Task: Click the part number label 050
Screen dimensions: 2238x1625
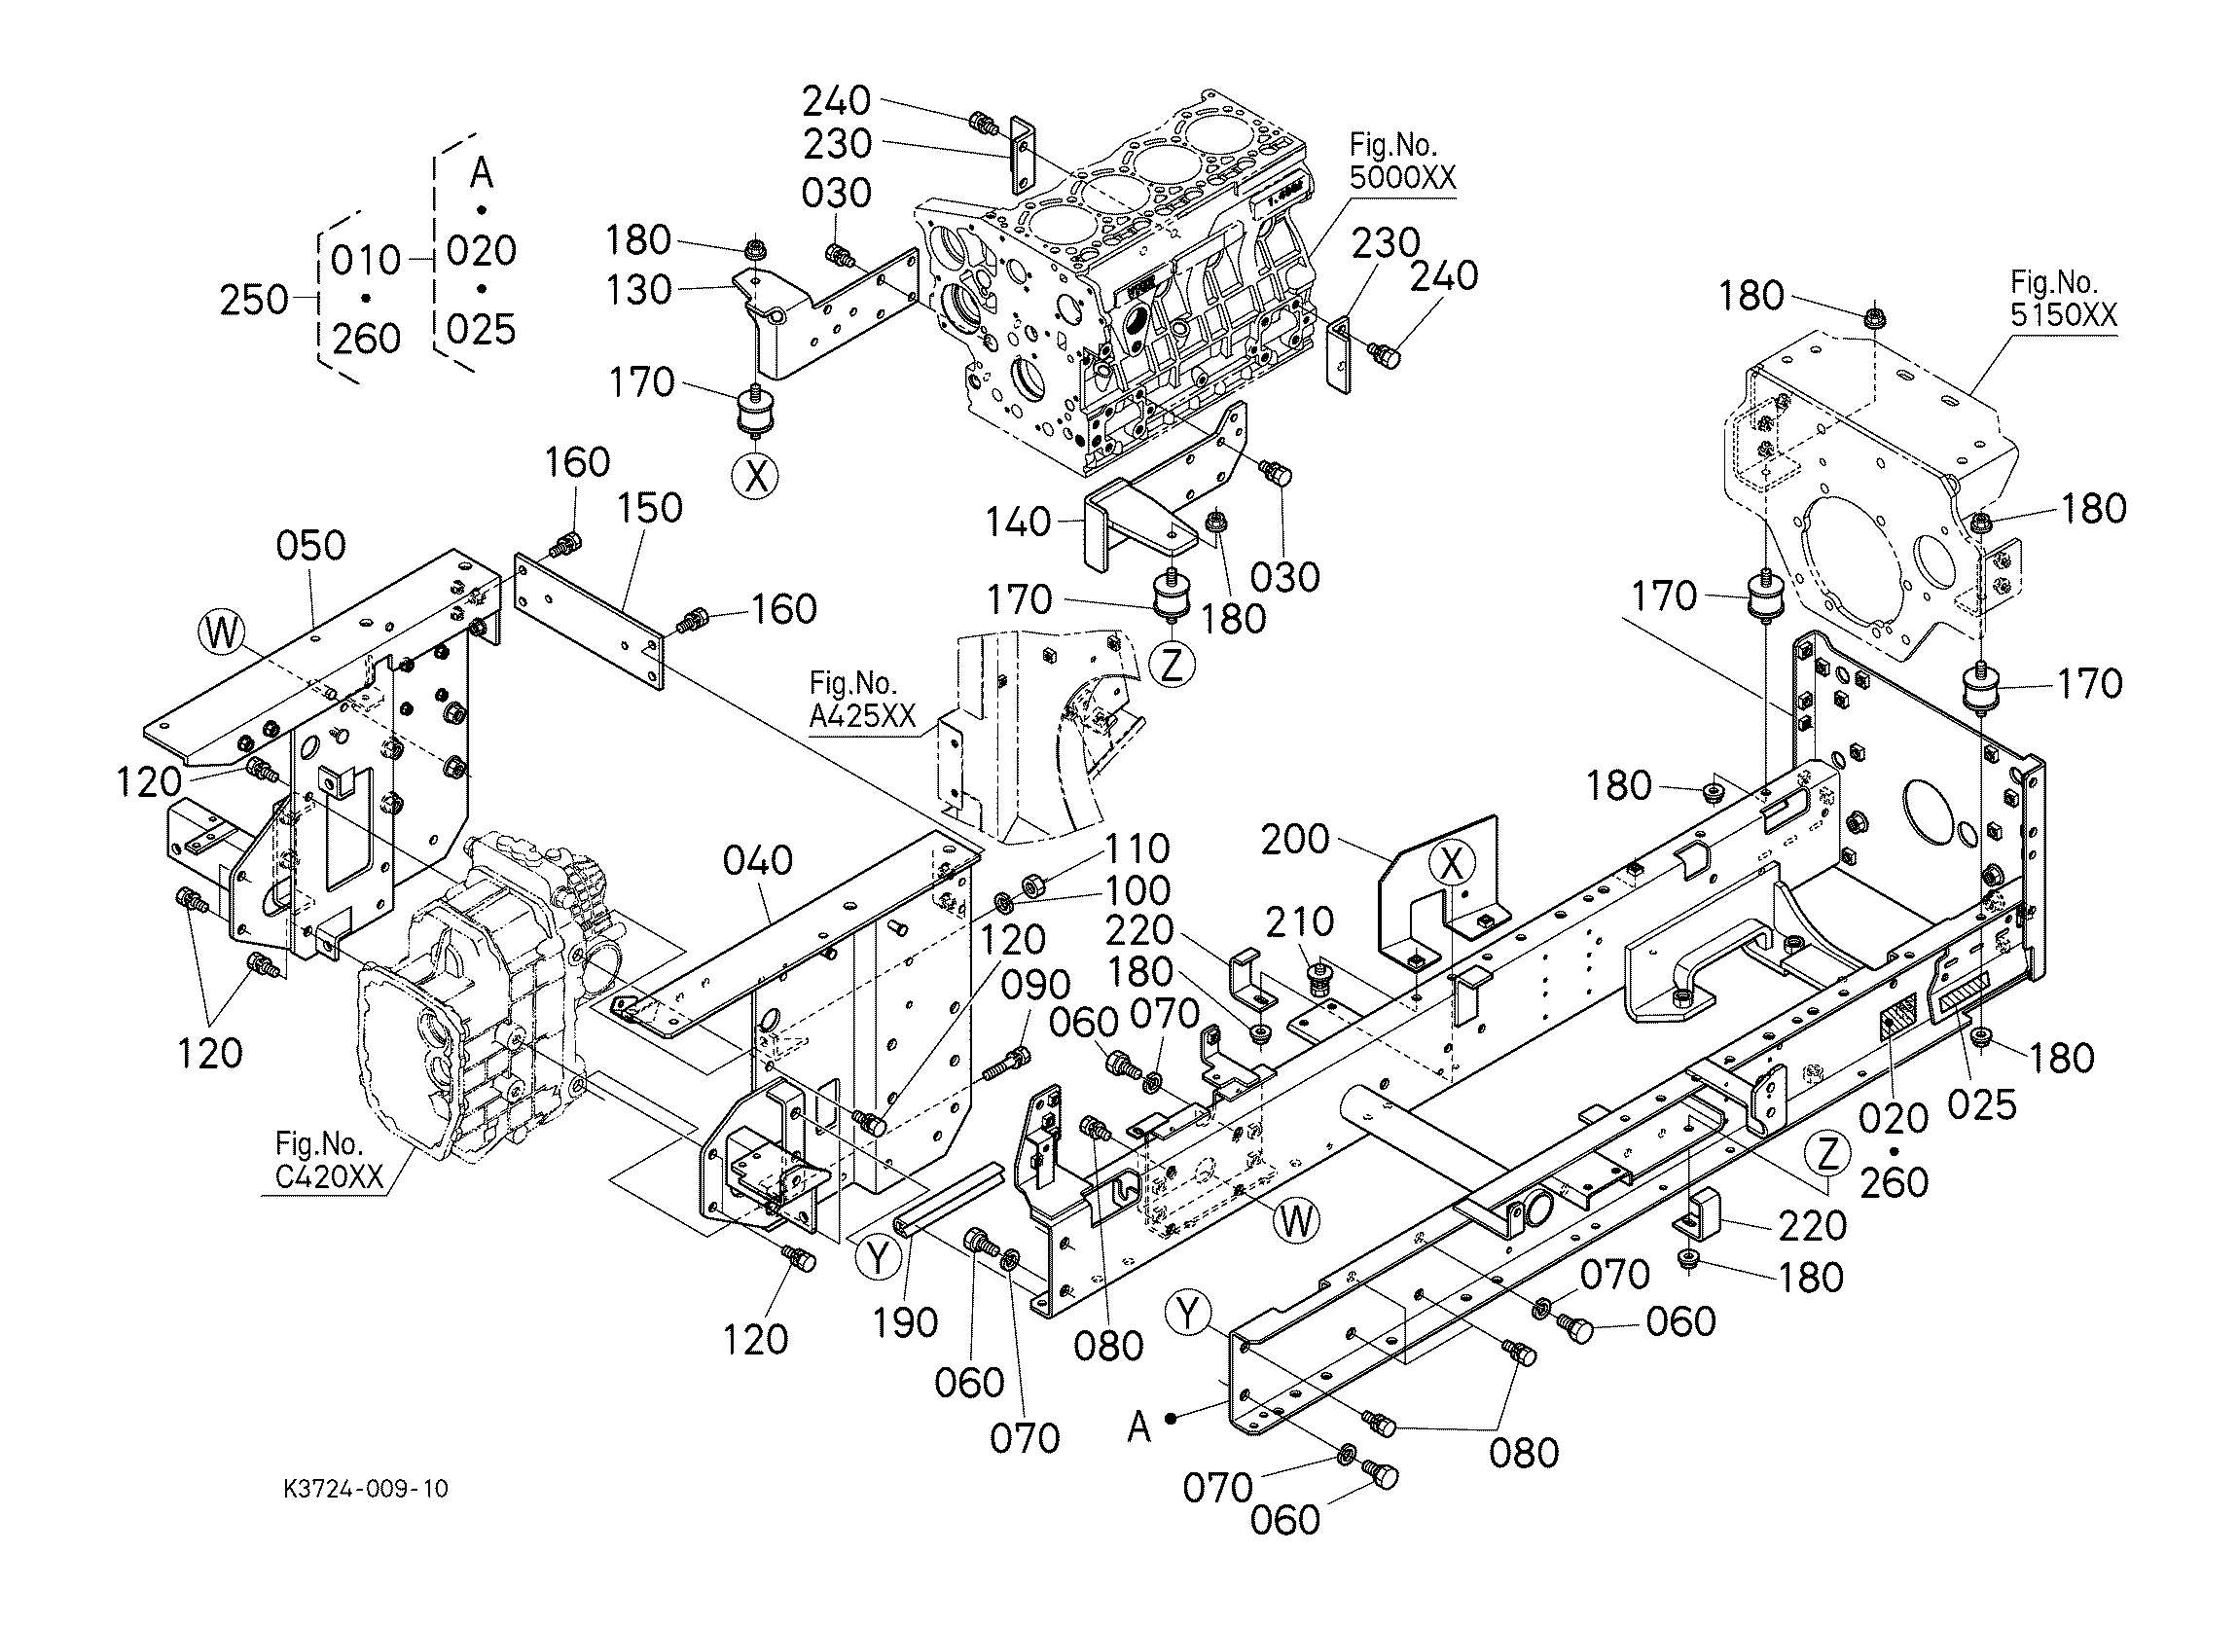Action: [x=310, y=546]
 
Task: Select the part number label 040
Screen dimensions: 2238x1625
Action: [x=758, y=861]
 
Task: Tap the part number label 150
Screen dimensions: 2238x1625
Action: [x=649, y=508]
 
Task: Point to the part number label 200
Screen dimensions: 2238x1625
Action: [x=1295, y=840]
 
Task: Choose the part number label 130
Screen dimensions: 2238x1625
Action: [x=639, y=290]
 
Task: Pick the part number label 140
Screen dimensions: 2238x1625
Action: [x=1020, y=522]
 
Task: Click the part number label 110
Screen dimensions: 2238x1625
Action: [x=1137, y=849]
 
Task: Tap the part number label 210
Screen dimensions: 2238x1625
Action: [x=1300, y=922]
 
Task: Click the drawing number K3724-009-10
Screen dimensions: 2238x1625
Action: [x=365, y=1489]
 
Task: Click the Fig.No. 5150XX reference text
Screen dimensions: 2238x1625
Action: [x=2064, y=299]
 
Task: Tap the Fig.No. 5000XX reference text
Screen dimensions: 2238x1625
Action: [x=1401, y=162]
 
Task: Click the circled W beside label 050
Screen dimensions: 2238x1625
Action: [x=221, y=632]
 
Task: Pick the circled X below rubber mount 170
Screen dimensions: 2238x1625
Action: [x=756, y=477]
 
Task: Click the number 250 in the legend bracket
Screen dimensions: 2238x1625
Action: [x=254, y=300]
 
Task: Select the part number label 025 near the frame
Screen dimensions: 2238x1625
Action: [x=1982, y=1105]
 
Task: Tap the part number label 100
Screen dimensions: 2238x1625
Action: [x=1137, y=891]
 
